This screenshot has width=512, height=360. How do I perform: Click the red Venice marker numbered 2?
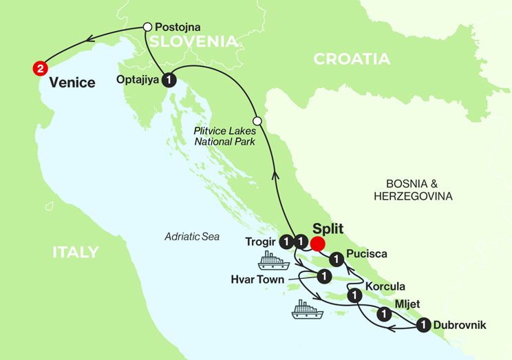click(40, 68)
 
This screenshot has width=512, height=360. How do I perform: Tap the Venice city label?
click(72, 83)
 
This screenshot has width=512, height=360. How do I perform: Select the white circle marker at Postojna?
click(147, 27)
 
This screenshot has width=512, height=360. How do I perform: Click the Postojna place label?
click(178, 27)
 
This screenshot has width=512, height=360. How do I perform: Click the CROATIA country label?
click(352, 59)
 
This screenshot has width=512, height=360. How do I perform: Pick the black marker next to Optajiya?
click(171, 80)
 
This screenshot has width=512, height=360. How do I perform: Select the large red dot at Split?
click(318, 243)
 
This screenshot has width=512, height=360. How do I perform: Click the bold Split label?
click(328, 229)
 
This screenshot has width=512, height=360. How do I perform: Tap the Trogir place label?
click(261, 242)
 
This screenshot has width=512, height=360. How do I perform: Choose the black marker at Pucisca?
click(336, 259)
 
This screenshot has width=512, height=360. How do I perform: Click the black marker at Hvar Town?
click(322, 276)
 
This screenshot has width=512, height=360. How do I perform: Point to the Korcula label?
click(385, 286)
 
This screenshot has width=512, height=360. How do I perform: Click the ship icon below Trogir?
click(273, 260)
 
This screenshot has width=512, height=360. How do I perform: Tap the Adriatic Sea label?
click(192, 236)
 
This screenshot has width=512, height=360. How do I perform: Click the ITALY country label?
click(75, 252)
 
